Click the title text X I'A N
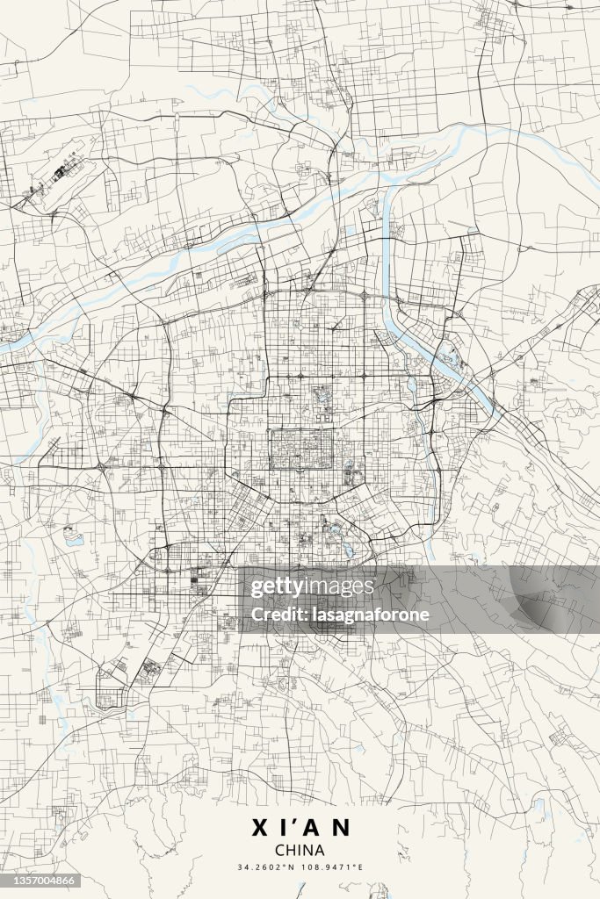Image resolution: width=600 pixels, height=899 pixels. point(300,828)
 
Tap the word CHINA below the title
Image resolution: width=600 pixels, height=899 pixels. point(300,850)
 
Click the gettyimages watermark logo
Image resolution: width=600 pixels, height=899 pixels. point(312,586)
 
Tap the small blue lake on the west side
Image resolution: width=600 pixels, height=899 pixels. point(71,536)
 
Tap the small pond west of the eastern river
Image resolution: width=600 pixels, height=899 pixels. point(412,385)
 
